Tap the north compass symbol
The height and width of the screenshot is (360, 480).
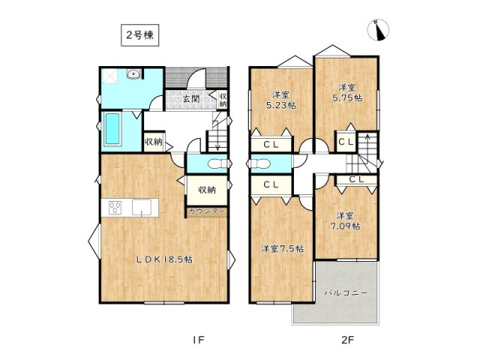click(380, 30)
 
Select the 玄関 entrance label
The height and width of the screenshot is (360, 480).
click(190, 98)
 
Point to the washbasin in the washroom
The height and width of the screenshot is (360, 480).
click(133, 73)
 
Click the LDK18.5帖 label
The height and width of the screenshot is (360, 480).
click(164, 259)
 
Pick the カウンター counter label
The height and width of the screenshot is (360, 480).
click(206, 212)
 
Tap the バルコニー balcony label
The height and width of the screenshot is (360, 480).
click(346, 293)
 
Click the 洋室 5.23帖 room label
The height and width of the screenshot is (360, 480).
click(280, 100)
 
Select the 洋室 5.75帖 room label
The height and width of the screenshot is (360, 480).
click(347, 91)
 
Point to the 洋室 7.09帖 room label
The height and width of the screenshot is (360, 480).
click(346, 220)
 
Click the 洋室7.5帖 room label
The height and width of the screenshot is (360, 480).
click(282, 248)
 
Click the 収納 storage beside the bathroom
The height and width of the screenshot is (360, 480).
click(154, 141)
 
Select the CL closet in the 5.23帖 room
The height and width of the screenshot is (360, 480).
click(271, 145)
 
